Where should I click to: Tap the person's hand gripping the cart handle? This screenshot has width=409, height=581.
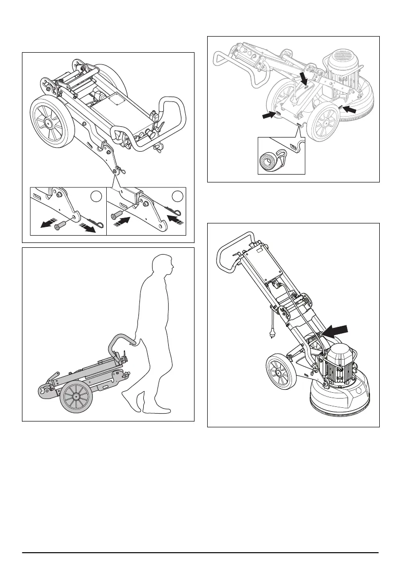coord(133,343)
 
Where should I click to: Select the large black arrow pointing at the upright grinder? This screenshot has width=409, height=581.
coord(337,332)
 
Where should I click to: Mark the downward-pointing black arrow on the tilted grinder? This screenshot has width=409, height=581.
coord(304,78)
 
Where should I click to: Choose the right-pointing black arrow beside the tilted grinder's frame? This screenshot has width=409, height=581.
coord(270,114)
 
